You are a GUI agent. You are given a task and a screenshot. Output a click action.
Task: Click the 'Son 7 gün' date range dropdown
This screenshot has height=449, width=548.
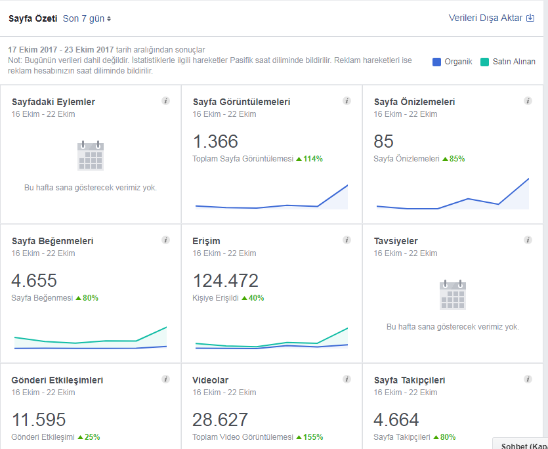[87, 18]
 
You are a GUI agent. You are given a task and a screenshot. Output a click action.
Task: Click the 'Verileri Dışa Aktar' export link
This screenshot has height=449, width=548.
[492, 18]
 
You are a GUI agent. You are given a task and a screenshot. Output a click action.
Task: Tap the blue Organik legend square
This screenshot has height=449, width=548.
[436, 62]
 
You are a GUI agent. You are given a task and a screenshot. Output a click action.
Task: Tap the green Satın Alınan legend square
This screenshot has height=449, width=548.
[484, 62]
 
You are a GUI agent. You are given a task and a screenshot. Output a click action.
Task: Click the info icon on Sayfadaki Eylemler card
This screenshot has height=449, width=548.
[165, 101]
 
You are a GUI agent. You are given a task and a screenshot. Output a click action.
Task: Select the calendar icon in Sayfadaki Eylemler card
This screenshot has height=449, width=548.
[91, 156]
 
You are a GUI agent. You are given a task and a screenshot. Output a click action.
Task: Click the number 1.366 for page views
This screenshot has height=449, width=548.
[215, 141]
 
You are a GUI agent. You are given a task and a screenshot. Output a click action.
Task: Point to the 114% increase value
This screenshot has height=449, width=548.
[313, 159]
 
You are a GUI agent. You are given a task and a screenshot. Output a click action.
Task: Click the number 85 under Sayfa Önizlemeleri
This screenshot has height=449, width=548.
[383, 141]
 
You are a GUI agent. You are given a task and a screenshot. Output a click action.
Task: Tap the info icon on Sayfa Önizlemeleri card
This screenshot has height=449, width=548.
[528, 101]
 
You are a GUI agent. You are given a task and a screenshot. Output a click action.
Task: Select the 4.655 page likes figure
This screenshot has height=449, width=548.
[34, 280]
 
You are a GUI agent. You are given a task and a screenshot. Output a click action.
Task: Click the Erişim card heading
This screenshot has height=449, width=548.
[206, 241]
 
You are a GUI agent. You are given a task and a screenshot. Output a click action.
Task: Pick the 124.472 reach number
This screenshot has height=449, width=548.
[225, 280]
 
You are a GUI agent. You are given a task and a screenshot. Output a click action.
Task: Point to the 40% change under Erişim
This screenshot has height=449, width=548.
[256, 298]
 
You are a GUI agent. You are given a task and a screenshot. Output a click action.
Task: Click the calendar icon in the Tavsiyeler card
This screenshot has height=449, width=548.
[453, 295]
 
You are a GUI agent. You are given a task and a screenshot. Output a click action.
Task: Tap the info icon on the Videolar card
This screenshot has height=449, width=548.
[347, 379]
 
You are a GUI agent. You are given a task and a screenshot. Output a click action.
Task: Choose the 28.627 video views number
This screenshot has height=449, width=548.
[220, 419]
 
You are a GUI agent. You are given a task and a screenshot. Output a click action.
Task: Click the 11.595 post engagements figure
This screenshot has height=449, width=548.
[39, 419]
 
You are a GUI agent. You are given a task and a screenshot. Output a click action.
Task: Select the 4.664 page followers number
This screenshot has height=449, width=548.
[396, 419]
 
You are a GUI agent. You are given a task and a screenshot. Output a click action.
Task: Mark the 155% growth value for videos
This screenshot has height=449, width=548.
[313, 437]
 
